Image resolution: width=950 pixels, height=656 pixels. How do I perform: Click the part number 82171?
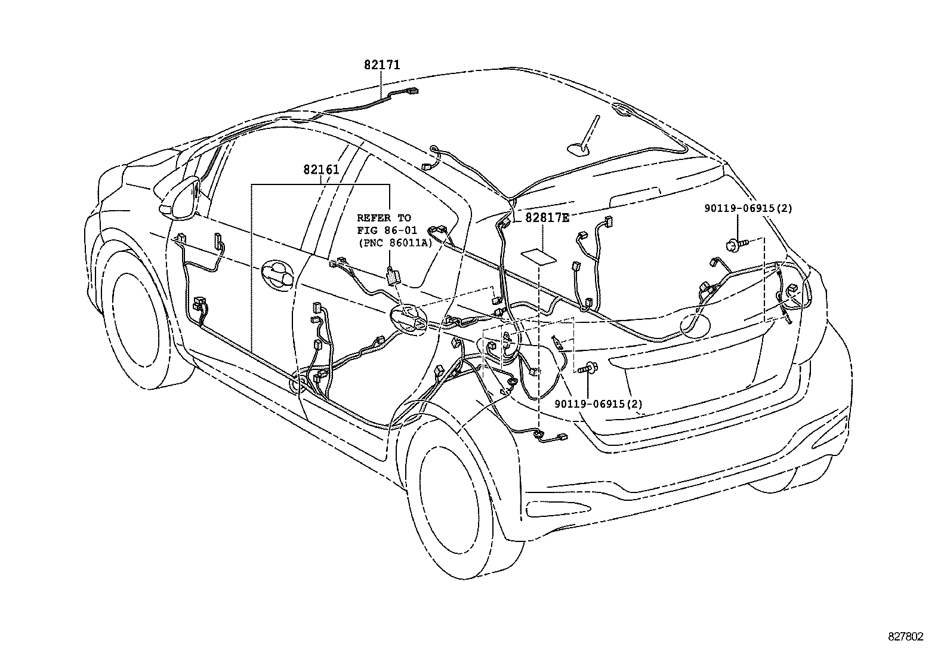click(382, 64)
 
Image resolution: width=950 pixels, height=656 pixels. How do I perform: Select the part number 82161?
click(320, 170)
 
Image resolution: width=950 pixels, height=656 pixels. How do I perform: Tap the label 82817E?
click(547, 218)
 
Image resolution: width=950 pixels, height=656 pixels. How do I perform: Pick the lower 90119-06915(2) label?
click(599, 404)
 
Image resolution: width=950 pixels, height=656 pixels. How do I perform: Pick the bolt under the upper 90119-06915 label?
click(735, 243)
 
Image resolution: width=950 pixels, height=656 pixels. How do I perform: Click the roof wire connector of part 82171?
click(411, 92)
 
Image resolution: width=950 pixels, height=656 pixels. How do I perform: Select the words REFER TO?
click(384, 218)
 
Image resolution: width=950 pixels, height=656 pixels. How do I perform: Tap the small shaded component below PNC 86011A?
click(393, 276)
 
